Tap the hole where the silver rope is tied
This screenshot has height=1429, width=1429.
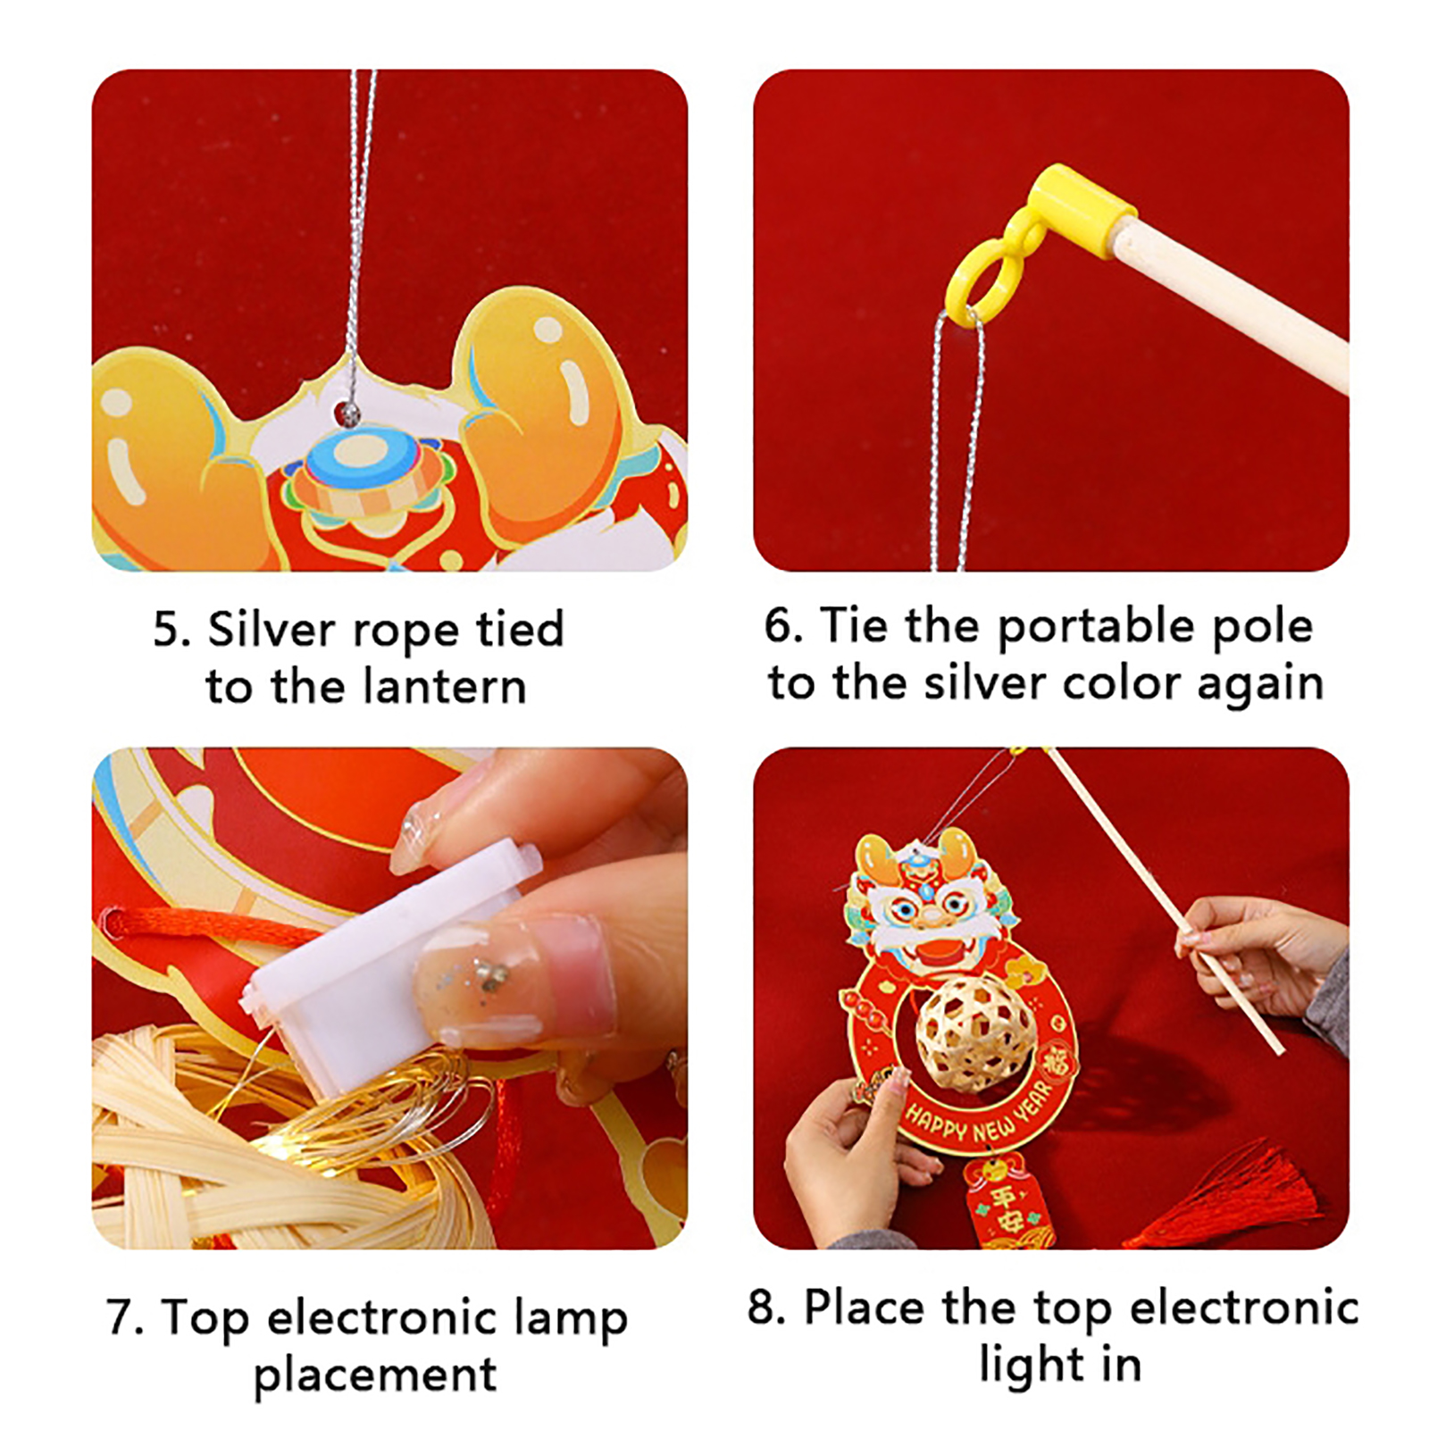347,413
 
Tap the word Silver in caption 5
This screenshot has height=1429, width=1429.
272,630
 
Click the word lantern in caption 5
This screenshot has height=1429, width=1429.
444,688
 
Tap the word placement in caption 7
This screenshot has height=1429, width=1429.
375,1376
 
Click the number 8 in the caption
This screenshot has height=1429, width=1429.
764,1308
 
